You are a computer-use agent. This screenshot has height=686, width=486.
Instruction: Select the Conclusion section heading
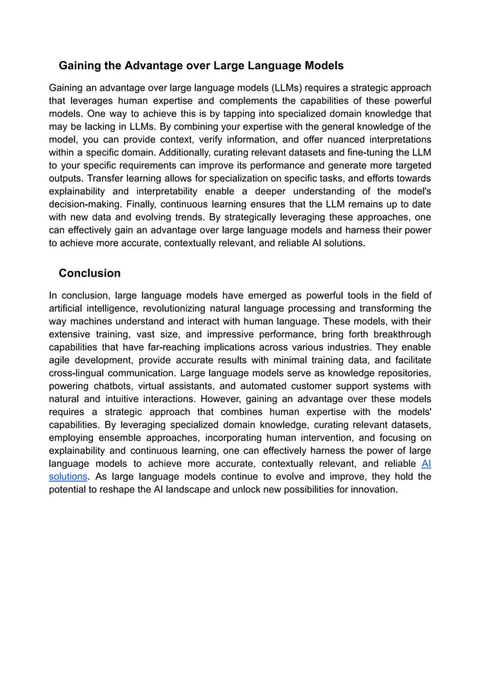coord(90,273)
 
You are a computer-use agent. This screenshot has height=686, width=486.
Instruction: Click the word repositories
coord(402,373)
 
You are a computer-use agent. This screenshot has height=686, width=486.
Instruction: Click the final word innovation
coord(372,490)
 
